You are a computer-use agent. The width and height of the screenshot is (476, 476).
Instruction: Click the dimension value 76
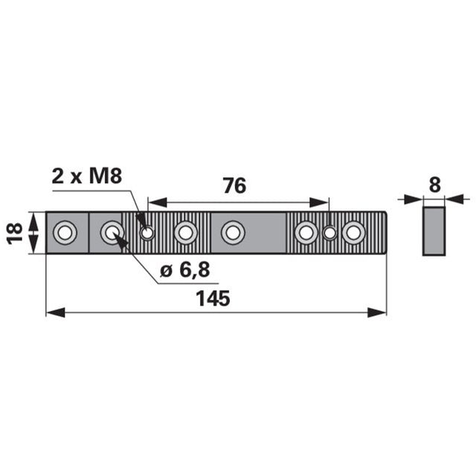[x=235, y=186]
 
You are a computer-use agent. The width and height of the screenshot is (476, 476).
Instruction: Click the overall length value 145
[x=214, y=299]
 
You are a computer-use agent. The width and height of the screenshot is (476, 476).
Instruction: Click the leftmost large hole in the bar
[x=65, y=233]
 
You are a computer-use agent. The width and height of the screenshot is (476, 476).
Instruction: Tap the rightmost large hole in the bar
[x=354, y=233]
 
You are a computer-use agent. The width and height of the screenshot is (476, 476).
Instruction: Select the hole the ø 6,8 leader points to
[x=112, y=233]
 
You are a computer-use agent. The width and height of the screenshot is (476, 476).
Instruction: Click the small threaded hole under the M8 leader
[x=147, y=233]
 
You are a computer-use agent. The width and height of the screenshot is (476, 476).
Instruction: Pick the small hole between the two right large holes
[x=329, y=233]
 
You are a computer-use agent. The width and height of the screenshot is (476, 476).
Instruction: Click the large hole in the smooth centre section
[x=233, y=233]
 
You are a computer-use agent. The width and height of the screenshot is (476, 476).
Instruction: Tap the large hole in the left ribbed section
[x=184, y=233]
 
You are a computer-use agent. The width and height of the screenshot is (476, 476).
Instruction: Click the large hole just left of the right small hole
[x=306, y=233]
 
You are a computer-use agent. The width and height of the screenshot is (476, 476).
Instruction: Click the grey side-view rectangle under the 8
[x=434, y=231]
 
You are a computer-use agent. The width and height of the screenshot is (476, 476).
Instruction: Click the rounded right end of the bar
[x=383, y=233]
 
